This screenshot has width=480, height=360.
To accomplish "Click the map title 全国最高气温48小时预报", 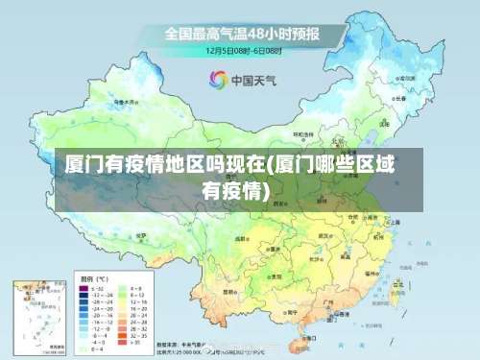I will [x=241, y=33].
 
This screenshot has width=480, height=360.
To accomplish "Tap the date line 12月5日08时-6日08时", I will [x=241, y=49].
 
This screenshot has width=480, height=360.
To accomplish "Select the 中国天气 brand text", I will [x=251, y=80].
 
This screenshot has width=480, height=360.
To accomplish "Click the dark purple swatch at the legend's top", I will [x=84, y=286].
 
